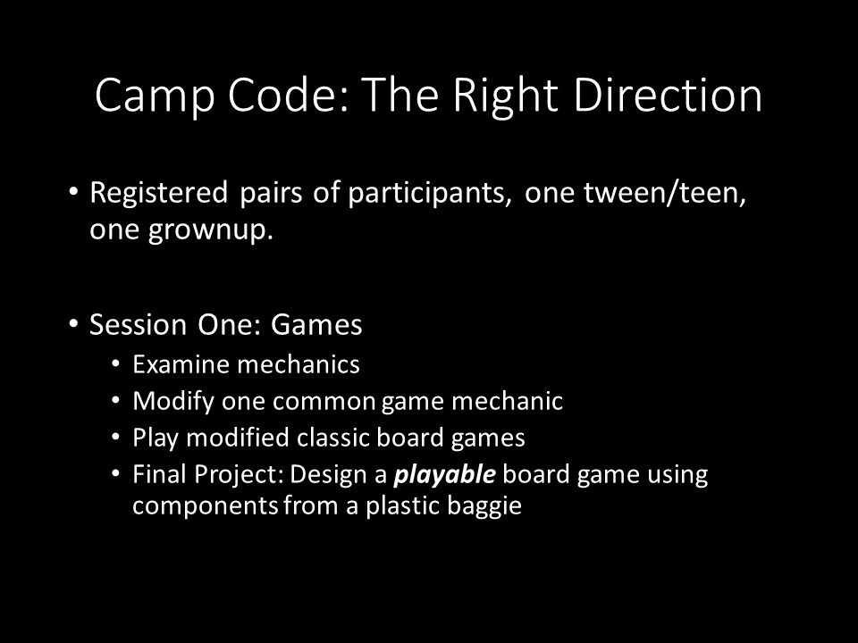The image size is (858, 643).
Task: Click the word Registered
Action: [159, 194]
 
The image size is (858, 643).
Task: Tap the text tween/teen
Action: [665, 193]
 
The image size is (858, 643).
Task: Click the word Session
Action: [139, 324]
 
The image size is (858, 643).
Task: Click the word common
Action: [324, 402]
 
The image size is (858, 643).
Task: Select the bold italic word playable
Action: [445, 474]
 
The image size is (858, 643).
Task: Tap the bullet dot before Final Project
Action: [115, 473]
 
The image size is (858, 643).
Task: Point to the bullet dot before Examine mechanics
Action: [115, 363]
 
